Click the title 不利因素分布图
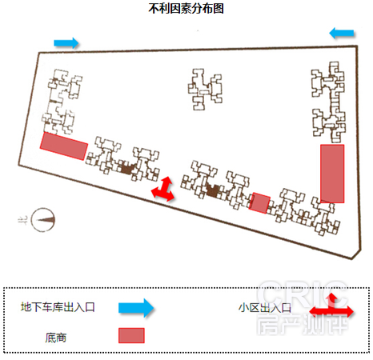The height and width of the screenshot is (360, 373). pyautogui.click(x=186, y=9)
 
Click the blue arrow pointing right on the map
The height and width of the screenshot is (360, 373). pyautogui.click(x=66, y=43)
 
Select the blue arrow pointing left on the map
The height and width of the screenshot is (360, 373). pyautogui.click(x=342, y=34)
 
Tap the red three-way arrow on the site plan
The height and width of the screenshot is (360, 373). pyautogui.click(x=163, y=190)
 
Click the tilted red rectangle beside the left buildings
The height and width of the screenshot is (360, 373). pyautogui.click(x=64, y=146)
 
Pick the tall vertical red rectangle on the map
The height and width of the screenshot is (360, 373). pyautogui.click(x=332, y=174)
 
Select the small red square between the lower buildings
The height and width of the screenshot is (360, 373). pyautogui.click(x=259, y=202)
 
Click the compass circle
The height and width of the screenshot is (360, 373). pyautogui.click(x=43, y=220)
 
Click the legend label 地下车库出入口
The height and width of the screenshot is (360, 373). pyautogui.click(x=58, y=307)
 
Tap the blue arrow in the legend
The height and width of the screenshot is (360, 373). pyautogui.click(x=136, y=308)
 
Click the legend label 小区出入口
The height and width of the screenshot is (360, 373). pyautogui.click(x=265, y=308)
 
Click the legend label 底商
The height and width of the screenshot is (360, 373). pyautogui.click(x=56, y=338)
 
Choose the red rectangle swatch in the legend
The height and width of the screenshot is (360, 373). pyautogui.click(x=131, y=335)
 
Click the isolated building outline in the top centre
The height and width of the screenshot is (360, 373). pyautogui.click(x=205, y=90)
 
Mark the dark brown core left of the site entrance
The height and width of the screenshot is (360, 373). pyautogui.click(x=127, y=169)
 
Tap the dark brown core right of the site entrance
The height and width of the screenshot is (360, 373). pyautogui.click(x=213, y=191)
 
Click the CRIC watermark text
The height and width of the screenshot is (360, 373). pyautogui.click(x=303, y=294)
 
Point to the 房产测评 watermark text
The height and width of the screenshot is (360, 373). pyautogui.click(x=303, y=324)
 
